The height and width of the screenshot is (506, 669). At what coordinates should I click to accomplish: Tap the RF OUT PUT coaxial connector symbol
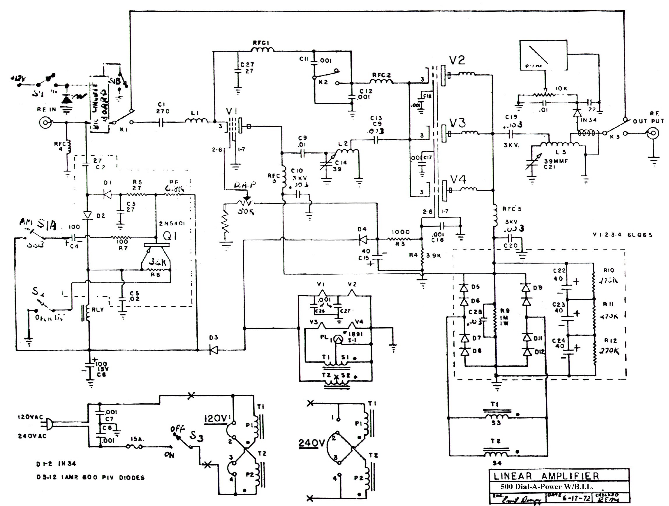[652, 133]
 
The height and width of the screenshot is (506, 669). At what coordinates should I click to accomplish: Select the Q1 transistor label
[170, 236]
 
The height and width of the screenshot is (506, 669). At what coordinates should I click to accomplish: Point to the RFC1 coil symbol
[263, 50]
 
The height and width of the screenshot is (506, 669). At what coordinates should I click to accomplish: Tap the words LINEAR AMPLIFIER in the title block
[546, 476]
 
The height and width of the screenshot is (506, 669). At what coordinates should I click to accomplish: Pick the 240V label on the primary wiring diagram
[311, 443]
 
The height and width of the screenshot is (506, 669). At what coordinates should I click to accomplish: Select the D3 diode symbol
[214, 350]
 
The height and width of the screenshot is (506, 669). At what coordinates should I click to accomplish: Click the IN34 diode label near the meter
[588, 120]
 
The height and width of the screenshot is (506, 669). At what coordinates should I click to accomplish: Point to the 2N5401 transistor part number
[172, 224]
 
